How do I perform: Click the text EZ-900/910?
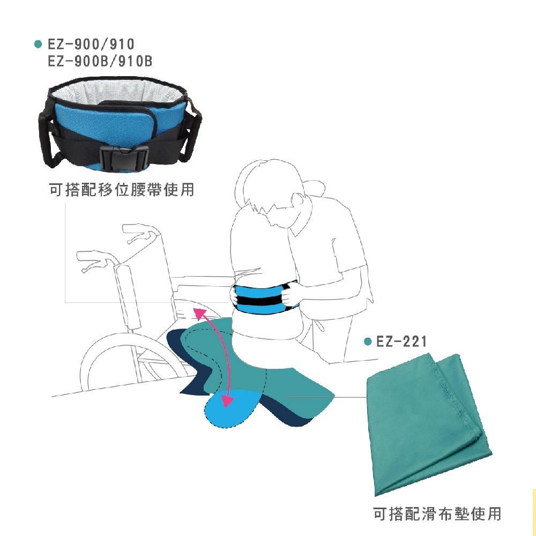91,44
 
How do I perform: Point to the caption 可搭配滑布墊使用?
437,513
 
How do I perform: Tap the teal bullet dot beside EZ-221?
367,341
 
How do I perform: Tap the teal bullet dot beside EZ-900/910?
38,44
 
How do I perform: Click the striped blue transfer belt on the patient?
261,297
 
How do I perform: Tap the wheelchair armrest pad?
130,295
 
